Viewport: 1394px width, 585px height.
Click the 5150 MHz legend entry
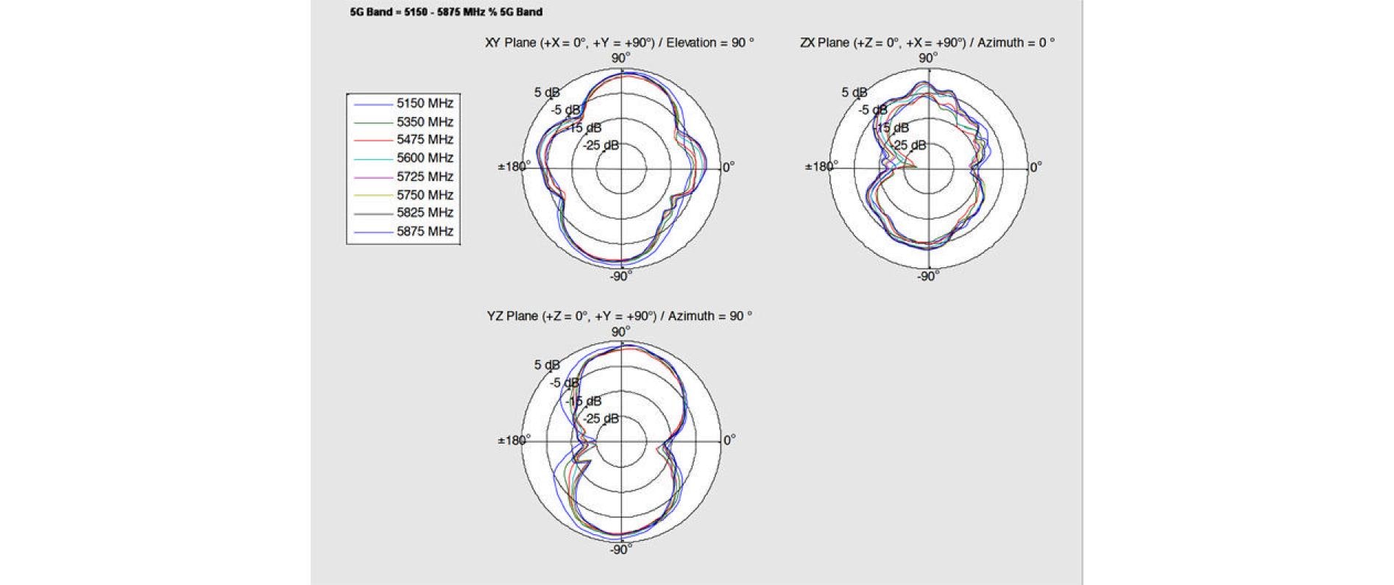tap(403, 103)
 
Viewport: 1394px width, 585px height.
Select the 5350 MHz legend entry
tap(403, 121)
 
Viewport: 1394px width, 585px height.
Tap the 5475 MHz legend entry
tap(403, 139)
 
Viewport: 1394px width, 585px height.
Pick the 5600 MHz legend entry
tap(403, 157)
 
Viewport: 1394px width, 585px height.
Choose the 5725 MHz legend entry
tap(403, 176)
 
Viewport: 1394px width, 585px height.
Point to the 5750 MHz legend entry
tap(403, 194)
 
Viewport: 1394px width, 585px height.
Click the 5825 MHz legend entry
tap(403, 212)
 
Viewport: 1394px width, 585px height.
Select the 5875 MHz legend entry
tap(403, 230)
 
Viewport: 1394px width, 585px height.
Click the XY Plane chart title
tap(620, 43)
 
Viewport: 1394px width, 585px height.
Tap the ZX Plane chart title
tap(927, 43)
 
